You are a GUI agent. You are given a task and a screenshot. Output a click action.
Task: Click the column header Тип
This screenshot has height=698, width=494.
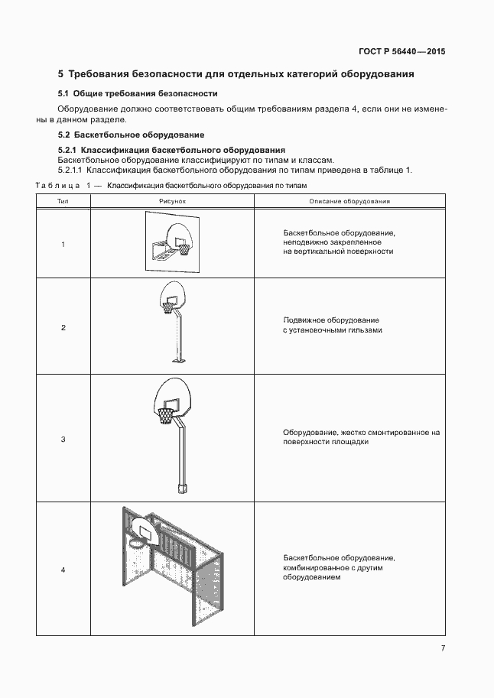(x=63, y=201)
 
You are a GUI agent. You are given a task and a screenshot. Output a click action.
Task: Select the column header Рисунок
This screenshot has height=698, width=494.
(x=173, y=201)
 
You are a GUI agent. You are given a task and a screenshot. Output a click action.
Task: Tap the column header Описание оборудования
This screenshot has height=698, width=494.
(x=349, y=201)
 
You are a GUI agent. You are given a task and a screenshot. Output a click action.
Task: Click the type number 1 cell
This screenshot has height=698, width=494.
(x=63, y=244)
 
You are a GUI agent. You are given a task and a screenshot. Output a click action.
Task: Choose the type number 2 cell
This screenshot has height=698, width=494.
(x=63, y=327)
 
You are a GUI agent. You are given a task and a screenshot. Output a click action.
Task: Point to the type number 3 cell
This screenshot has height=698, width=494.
(x=63, y=439)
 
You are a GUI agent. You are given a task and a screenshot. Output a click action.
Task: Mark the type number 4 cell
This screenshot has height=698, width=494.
(x=63, y=570)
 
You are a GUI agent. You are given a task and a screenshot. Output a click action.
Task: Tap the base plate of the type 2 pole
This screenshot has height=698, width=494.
(x=180, y=360)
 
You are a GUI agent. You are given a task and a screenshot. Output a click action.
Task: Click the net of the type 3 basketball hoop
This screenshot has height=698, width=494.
(x=166, y=417)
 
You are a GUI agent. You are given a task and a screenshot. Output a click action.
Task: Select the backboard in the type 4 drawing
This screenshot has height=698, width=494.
(x=145, y=528)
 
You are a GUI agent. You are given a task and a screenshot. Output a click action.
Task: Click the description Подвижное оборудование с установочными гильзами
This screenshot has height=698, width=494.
(x=332, y=325)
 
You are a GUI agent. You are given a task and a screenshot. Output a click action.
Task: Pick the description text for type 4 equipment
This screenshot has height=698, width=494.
(x=338, y=568)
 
